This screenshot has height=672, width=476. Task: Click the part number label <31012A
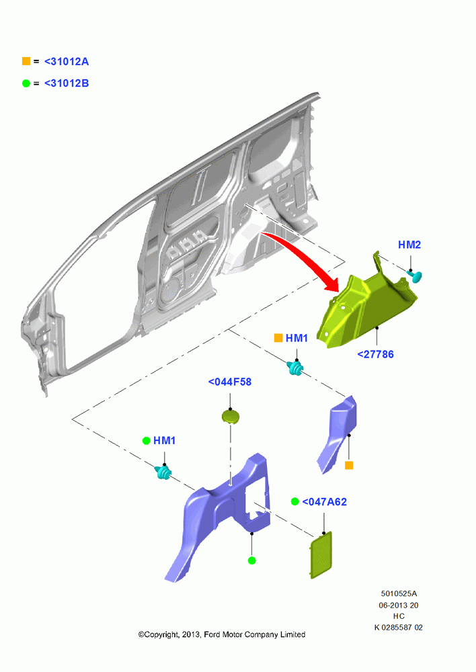pyautogui.click(x=67, y=62)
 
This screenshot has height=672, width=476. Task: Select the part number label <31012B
pyautogui.click(x=67, y=83)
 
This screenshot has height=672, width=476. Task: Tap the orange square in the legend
pyautogui.click(x=26, y=61)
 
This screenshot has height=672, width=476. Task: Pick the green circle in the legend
pyautogui.click(x=26, y=83)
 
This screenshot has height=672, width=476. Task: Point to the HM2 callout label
pyautogui.click(x=409, y=245)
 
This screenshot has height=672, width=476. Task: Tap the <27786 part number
pyautogui.click(x=375, y=354)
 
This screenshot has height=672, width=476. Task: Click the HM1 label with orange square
pyautogui.click(x=296, y=338)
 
